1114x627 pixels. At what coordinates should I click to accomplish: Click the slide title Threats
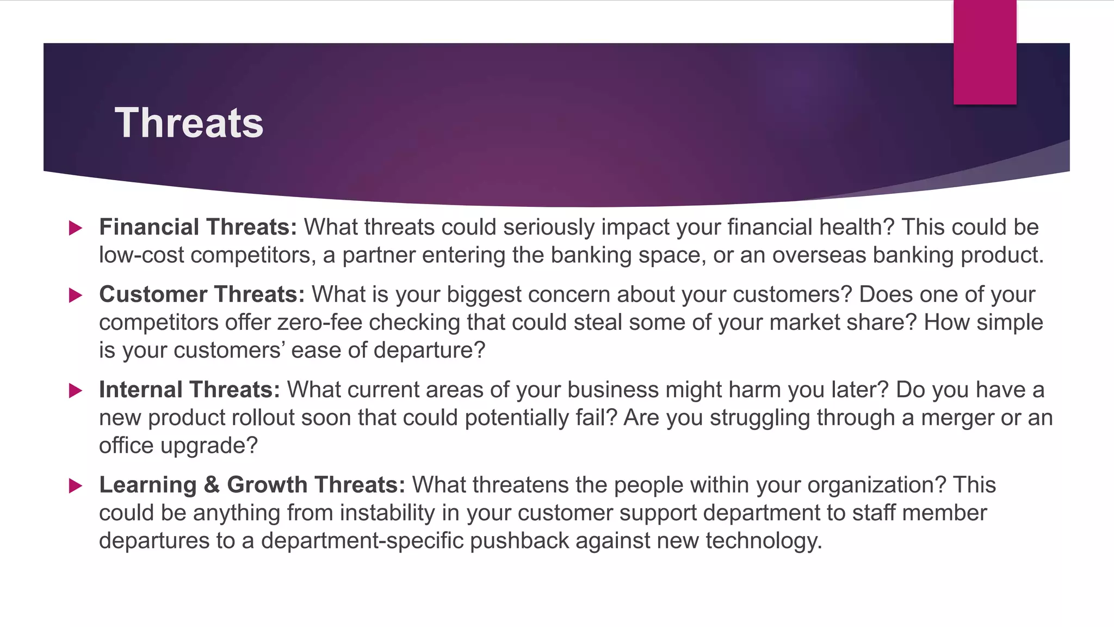tap(189, 123)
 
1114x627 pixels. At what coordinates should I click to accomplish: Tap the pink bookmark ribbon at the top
tap(985, 52)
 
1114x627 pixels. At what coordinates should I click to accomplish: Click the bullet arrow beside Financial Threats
tap(76, 228)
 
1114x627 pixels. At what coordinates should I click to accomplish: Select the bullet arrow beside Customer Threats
tap(76, 296)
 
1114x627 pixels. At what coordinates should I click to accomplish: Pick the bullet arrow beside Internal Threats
tap(76, 390)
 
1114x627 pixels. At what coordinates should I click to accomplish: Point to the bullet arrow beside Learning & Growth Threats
tap(76, 485)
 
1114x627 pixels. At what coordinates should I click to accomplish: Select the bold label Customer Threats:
tap(202, 294)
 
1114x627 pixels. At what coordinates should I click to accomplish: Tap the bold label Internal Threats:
tap(189, 390)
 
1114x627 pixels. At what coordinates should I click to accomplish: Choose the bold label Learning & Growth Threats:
tap(252, 485)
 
